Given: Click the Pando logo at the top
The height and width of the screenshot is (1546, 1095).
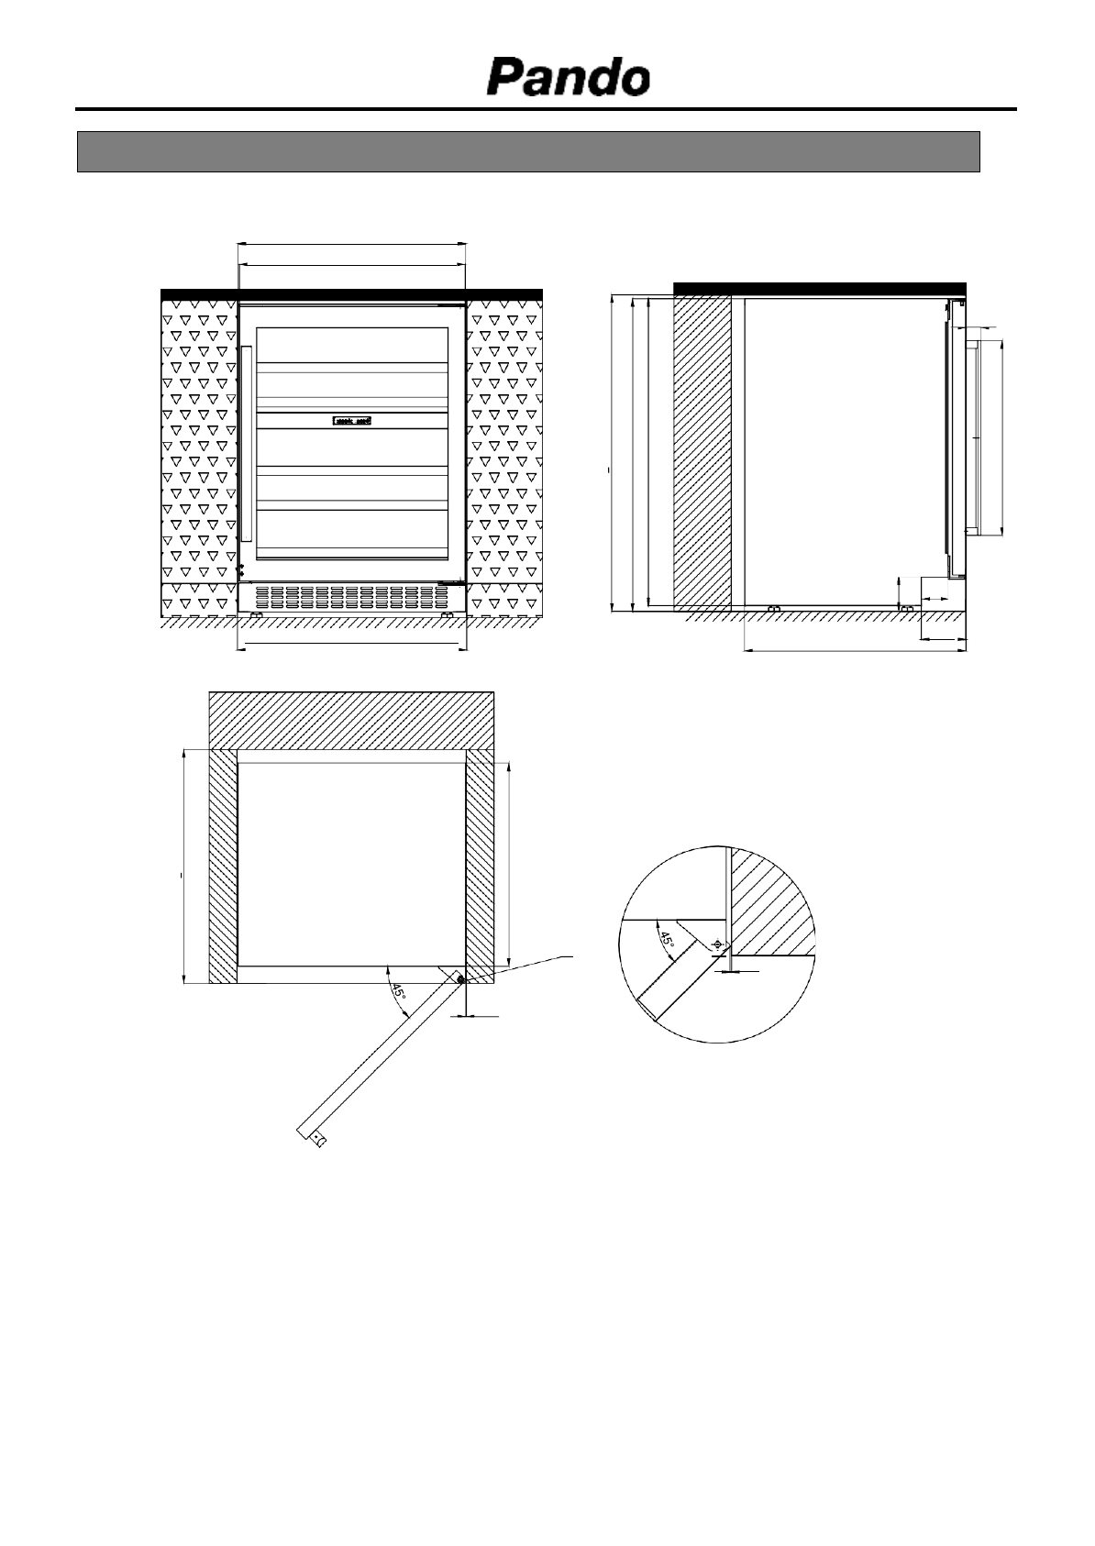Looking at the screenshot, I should click(x=568, y=78).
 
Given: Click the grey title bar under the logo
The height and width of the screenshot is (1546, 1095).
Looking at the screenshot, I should click(x=528, y=151).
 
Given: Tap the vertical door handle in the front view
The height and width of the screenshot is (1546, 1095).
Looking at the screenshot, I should click(x=246, y=443).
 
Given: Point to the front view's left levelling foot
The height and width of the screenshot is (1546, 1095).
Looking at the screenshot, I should click(x=256, y=614).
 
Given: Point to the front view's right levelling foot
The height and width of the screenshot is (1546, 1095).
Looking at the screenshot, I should click(x=447, y=614).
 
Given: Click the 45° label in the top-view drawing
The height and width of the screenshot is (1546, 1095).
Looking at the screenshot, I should click(x=398, y=992).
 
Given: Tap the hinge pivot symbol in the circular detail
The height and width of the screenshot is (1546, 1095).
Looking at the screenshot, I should click(x=716, y=944).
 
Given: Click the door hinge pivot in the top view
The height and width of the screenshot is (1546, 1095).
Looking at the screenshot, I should click(x=459, y=979).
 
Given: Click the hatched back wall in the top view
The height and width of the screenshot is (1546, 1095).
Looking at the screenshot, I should click(x=351, y=720).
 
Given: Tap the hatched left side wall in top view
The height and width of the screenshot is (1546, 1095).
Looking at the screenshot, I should click(x=223, y=866).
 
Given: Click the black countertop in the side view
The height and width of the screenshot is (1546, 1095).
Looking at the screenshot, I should click(x=819, y=288).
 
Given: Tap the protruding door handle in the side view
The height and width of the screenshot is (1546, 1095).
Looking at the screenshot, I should click(x=979, y=438).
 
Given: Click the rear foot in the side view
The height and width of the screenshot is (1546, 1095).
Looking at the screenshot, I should click(x=773, y=609).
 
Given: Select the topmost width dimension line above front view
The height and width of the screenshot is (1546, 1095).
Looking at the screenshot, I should click(x=352, y=244).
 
